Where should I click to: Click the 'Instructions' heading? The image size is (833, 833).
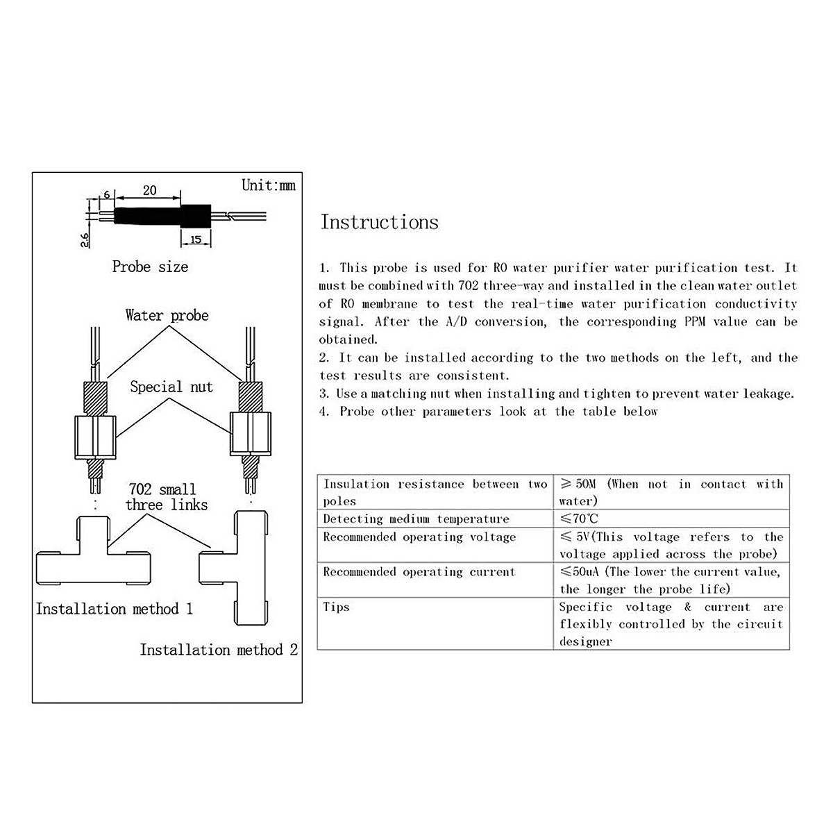click(379, 222)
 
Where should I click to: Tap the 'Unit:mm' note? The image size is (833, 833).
click(268, 185)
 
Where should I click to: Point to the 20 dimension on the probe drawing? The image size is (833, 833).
click(149, 190)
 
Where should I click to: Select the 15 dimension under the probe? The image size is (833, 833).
click(195, 239)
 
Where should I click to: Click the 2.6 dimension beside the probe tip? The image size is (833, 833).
click(84, 240)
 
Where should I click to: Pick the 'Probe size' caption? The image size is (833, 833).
click(150, 267)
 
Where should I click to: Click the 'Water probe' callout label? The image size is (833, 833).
click(167, 315)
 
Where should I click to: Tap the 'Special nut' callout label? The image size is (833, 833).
click(171, 387)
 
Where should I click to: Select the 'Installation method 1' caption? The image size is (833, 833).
click(115, 609)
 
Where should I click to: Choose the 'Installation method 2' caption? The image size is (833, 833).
click(219, 650)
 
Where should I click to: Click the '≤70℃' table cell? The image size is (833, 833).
click(579, 519)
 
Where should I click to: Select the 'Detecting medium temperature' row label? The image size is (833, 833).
click(416, 519)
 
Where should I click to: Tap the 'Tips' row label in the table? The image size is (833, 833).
click(336, 607)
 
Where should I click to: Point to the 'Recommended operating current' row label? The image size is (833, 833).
click(419, 572)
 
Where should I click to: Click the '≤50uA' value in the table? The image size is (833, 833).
click(580, 572)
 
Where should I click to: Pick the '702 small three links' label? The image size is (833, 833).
click(166, 497)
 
